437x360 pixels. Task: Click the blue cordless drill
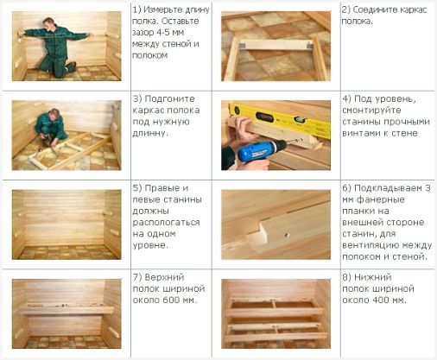pyautogui.click(x=261, y=150)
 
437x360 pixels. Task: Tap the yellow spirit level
pyautogui.click(x=279, y=119)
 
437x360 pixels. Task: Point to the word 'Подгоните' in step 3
pyautogui.click(x=170, y=99)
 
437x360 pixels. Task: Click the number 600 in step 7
pyautogui.click(x=172, y=300)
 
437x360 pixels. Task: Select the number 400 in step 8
pyautogui.click(x=381, y=300)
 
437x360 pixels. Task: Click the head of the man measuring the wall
pyautogui.click(x=48, y=22)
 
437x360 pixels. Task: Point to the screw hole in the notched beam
pyautogui.click(x=287, y=235)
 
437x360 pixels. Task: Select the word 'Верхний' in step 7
pyautogui.click(x=164, y=278)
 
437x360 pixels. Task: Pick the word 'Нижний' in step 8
pyautogui.click(x=373, y=278)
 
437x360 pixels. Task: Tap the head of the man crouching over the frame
pyautogui.click(x=54, y=113)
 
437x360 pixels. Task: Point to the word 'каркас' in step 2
pyautogui.click(x=409, y=10)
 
